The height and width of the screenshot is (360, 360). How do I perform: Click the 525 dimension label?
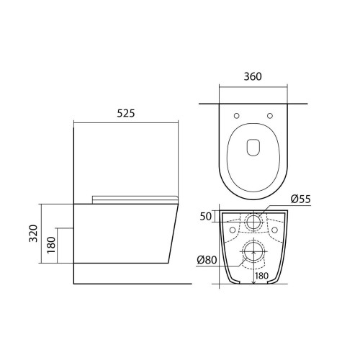[x=126, y=113]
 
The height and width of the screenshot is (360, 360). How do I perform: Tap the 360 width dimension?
[x=253, y=76]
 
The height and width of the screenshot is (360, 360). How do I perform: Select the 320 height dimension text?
[x=33, y=233]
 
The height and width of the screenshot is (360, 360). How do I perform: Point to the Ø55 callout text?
[x=301, y=199]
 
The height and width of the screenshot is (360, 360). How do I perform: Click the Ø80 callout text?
[x=207, y=260]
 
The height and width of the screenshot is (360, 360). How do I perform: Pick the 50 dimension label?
[x=206, y=217]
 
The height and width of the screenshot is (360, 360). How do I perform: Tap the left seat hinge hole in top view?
[x=236, y=116]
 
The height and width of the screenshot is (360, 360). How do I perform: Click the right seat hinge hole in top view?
[x=270, y=116]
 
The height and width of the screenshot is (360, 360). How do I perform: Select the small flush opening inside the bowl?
[x=253, y=147]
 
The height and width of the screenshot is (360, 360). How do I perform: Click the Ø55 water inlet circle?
[x=253, y=222]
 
